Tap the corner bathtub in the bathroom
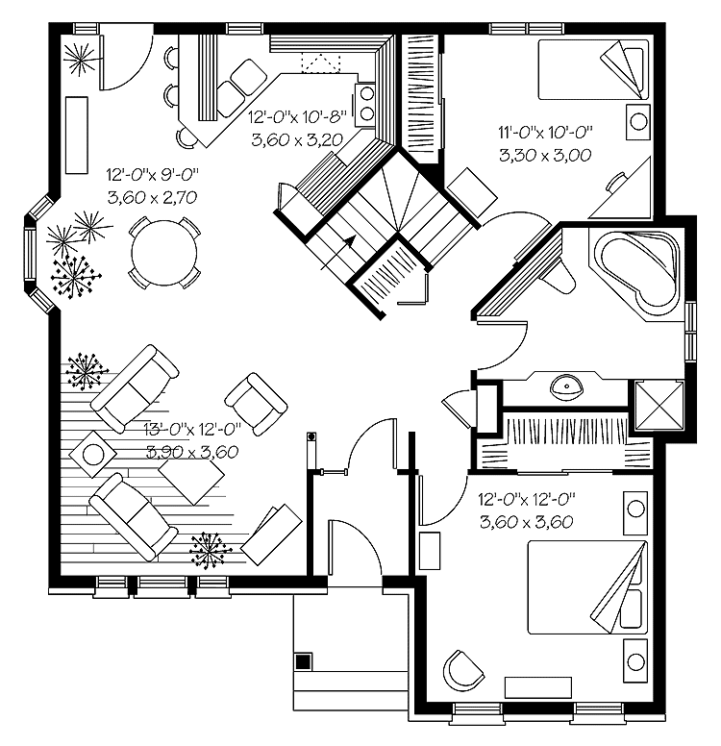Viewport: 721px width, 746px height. (637, 268)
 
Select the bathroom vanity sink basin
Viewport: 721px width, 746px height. (567, 387)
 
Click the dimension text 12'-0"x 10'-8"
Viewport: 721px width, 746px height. (297, 117)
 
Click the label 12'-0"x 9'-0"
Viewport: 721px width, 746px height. (152, 176)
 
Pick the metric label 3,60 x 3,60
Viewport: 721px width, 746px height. (525, 523)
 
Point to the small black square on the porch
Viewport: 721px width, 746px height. (303, 661)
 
